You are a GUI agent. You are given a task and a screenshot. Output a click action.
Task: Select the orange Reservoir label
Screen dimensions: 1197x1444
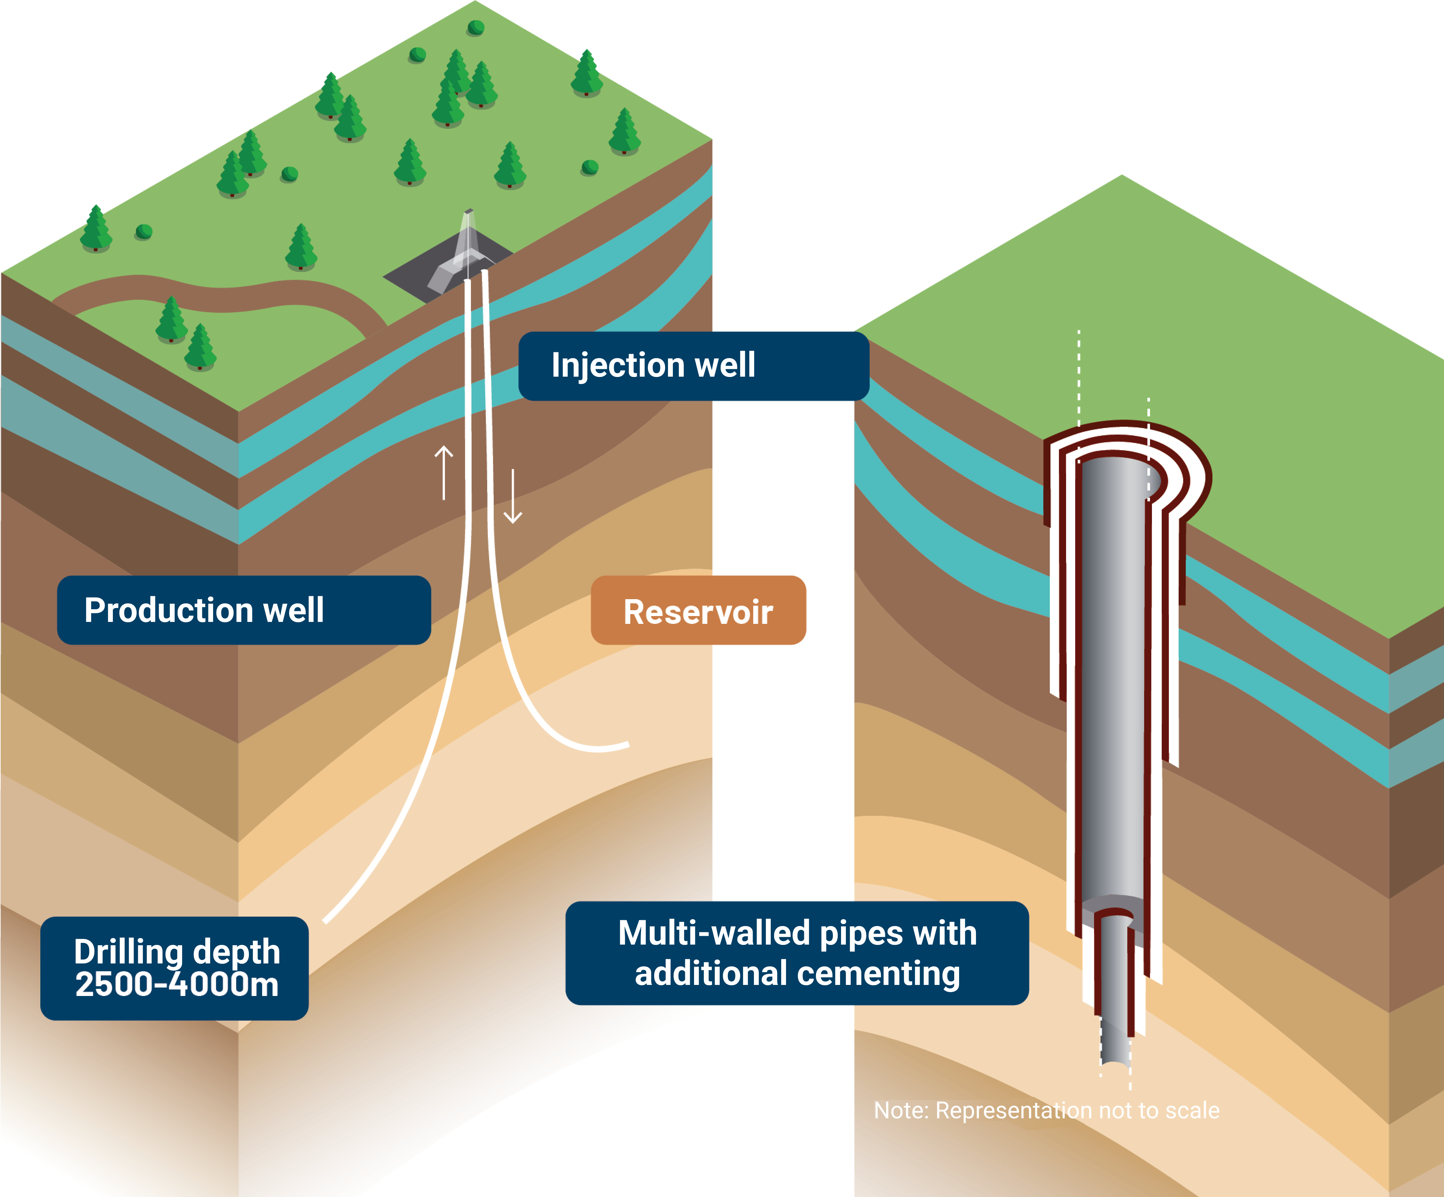tap(698, 611)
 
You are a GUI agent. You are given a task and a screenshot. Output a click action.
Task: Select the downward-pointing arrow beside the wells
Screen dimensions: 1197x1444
tap(513, 496)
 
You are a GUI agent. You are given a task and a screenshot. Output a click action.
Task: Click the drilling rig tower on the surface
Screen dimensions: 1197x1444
tap(468, 237)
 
